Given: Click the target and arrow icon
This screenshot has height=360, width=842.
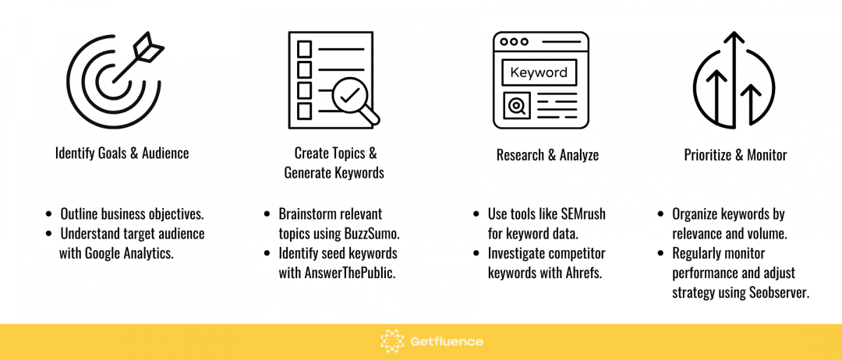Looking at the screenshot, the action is [113, 82].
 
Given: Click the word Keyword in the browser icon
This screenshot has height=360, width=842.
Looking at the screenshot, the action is [539, 72].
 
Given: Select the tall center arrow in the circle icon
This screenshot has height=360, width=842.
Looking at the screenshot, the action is [734, 80].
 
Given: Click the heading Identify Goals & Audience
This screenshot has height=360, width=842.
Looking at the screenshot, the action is [122, 154].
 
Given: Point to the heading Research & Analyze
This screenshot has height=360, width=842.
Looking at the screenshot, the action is [547, 156].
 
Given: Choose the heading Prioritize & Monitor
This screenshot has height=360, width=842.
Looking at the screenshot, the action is [735, 156].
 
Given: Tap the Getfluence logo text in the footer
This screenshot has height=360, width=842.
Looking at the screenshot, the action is [446, 342].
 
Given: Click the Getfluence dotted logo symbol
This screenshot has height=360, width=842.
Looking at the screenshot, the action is [392, 341].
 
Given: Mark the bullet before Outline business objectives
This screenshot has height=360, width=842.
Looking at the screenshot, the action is [49, 214].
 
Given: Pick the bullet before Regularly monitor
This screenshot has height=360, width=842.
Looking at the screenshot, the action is [662, 253].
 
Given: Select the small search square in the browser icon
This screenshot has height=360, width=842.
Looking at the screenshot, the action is [517, 106].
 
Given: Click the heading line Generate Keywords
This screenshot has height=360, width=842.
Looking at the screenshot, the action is [334, 173].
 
